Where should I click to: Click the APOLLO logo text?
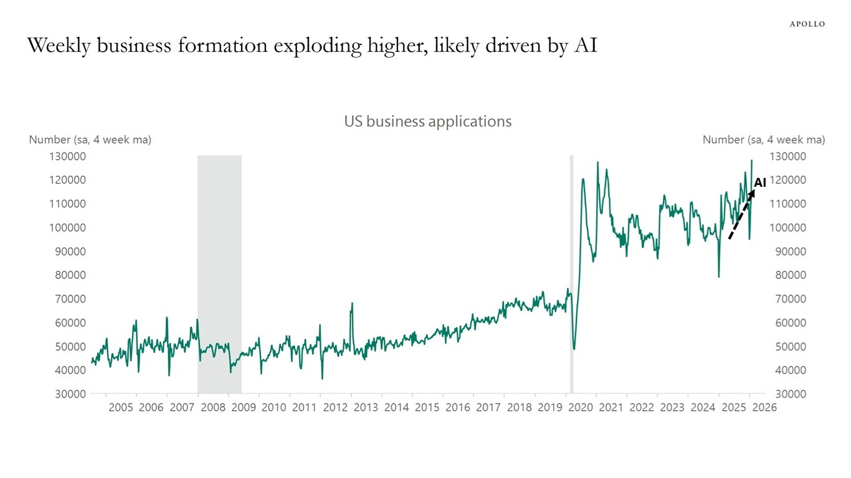pyautogui.click(x=807, y=24)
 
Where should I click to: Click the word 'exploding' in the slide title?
pyautogui.click(x=318, y=46)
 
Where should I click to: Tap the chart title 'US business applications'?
pyautogui.click(x=428, y=121)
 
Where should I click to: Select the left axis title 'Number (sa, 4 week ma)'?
pyautogui.click(x=90, y=140)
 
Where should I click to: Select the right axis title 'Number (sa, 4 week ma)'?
pyautogui.click(x=764, y=140)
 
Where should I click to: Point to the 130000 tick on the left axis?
pyautogui.click(x=67, y=156)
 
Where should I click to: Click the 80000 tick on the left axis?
pyautogui.click(x=70, y=275)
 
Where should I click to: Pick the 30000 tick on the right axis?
pyautogui.click(x=791, y=394)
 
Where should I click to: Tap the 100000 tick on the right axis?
pyautogui.click(x=788, y=228)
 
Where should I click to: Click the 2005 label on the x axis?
pyautogui.click(x=121, y=408)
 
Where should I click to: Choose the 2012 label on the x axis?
pyautogui.click(x=335, y=408)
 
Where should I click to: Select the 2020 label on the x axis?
pyautogui.click(x=581, y=408)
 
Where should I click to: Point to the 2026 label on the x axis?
pyautogui.click(x=764, y=408)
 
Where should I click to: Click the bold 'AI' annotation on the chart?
pyautogui.click(x=760, y=182)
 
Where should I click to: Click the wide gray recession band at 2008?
pyautogui.click(x=219, y=274)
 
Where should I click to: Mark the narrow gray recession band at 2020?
pyautogui.click(x=571, y=274)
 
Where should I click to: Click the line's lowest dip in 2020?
pyautogui.click(x=574, y=349)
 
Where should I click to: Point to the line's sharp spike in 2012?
pyautogui.click(x=352, y=304)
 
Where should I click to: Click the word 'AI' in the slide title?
pyautogui.click(x=586, y=45)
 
